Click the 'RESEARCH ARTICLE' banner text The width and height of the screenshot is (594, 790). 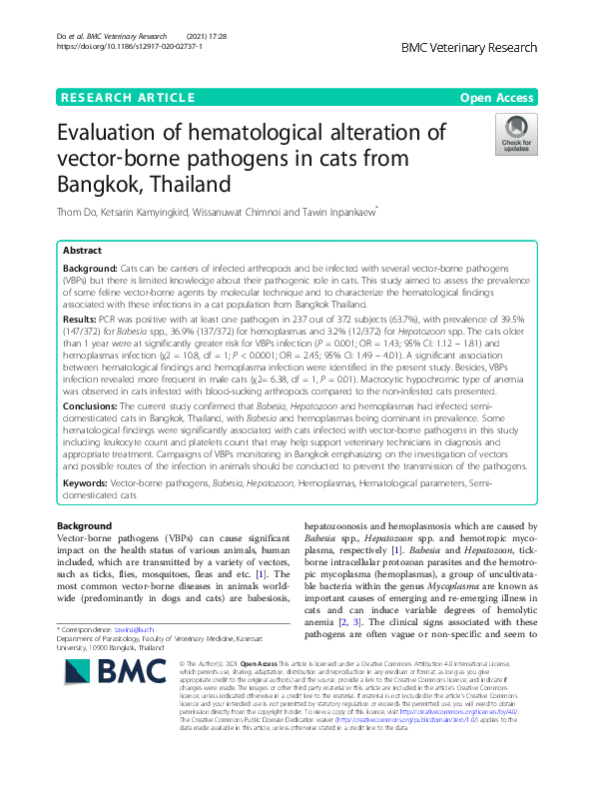pos(127,97)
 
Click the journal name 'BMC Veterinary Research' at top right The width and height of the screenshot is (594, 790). pos(468,48)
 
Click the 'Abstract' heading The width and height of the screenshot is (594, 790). pos(84,251)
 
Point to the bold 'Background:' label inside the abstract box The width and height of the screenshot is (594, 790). pos(96,271)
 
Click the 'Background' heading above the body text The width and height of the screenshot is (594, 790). pos(84,525)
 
